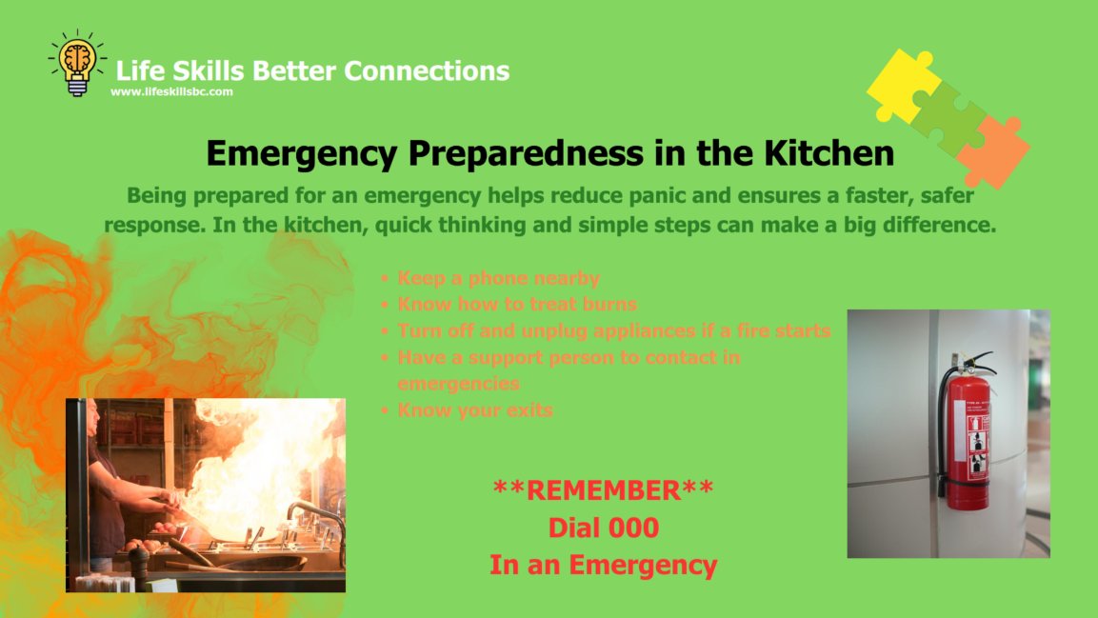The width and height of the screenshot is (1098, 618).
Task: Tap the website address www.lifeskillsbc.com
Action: click(x=171, y=91)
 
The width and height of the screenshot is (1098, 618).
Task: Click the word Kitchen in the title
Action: click(x=828, y=153)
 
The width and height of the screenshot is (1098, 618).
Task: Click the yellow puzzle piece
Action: click(x=904, y=85)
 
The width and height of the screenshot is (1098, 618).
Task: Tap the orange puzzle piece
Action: click(x=993, y=151)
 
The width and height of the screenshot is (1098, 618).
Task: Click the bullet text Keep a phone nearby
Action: click(x=499, y=279)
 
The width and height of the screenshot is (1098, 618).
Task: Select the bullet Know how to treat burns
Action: click(x=517, y=305)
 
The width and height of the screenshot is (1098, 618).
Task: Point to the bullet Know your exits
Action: click(x=475, y=410)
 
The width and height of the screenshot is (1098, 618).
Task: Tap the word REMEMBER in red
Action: click(x=604, y=490)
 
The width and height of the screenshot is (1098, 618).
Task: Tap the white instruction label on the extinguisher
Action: click(x=978, y=448)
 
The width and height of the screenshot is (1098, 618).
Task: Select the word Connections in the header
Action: click(x=427, y=70)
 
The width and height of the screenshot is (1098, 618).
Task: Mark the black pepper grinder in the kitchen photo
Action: click(x=139, y=567)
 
